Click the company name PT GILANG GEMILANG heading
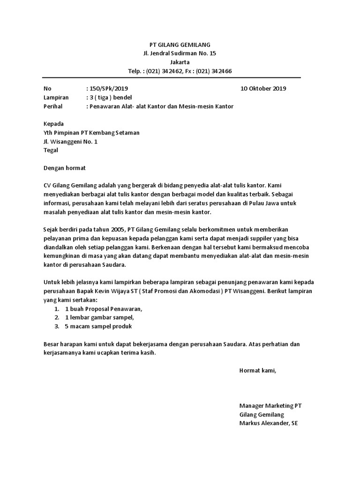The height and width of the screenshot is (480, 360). coord(180,45)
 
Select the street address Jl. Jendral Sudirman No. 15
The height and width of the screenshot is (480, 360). coord(180,53)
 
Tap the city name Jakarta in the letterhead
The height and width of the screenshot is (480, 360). coord(180,62)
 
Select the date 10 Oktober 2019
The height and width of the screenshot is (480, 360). coord(263,89)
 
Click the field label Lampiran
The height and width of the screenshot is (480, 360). coord(56,97)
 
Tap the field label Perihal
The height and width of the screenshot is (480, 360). coord(53,106)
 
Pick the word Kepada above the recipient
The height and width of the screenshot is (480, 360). coord(53,124)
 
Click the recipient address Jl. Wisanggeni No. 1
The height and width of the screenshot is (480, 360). coord(70,142)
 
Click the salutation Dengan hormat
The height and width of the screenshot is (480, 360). coord(65,168)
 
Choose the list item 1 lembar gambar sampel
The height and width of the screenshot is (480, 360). coord(100,318)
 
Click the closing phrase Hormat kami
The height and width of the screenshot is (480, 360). coord(258,370)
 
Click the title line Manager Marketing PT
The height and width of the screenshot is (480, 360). coord(267,406)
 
